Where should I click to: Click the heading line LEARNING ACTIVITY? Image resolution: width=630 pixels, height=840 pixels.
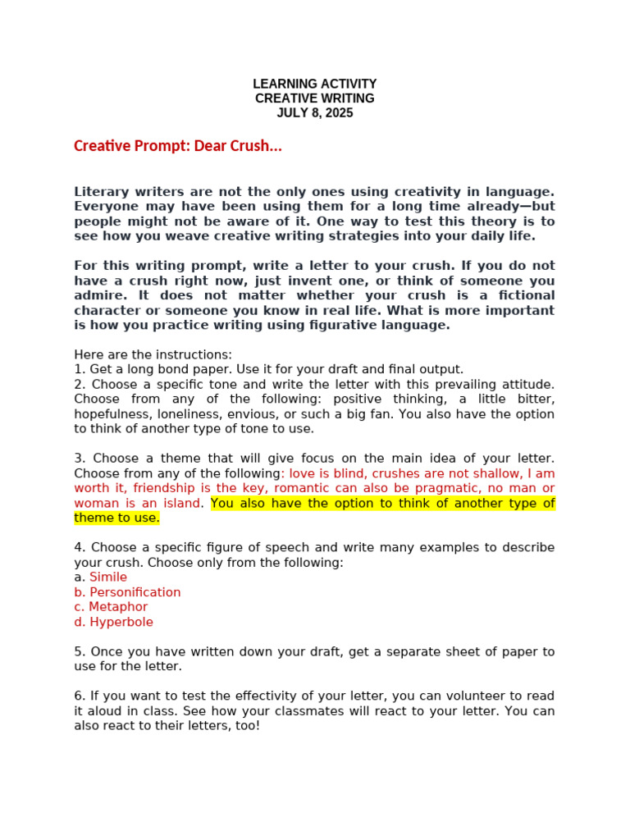pos(314,84)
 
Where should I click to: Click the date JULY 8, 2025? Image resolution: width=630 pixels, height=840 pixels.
pos(314,113)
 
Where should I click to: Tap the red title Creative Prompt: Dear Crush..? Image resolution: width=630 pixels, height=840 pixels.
pos(178,146)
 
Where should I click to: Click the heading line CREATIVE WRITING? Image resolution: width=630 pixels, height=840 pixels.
pos(314,98)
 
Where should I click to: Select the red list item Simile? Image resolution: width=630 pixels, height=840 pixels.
pos(108,577)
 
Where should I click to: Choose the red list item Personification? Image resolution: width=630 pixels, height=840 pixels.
pos(135,592)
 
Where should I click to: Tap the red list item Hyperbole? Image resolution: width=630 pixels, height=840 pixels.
pos(121,622)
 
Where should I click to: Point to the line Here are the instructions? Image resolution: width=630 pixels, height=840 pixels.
pos(153,354)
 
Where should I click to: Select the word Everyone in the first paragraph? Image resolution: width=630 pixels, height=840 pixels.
pos(105,207)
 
